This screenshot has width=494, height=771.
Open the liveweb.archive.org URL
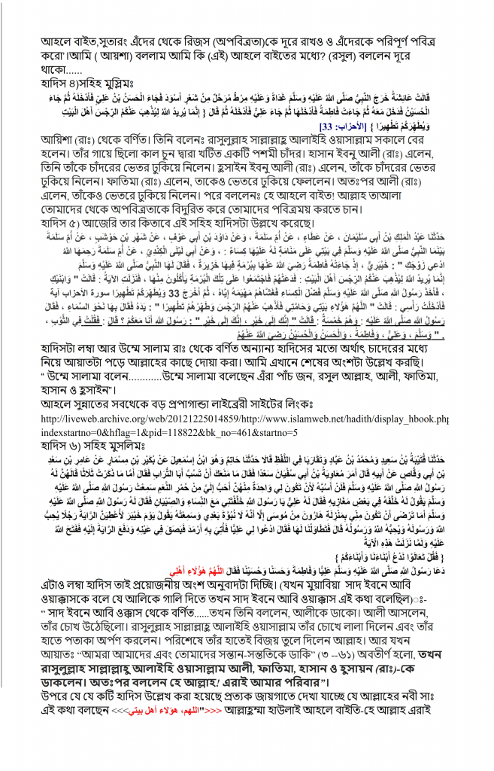pos(248,418)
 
